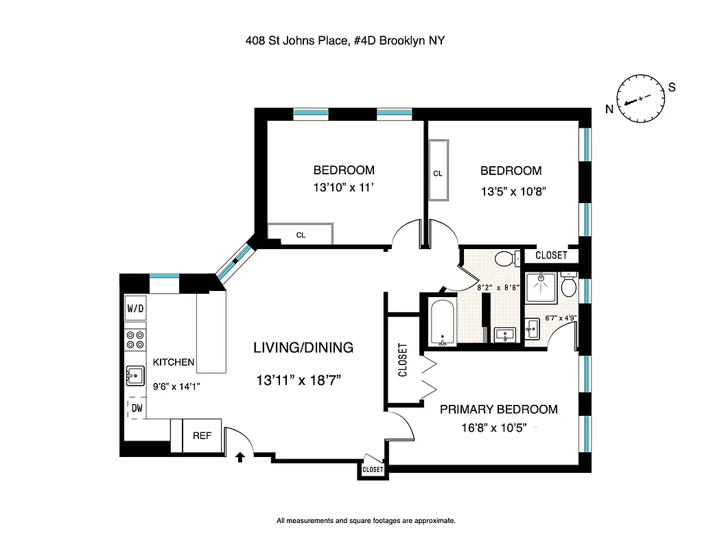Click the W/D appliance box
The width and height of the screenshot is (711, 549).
point(135,309)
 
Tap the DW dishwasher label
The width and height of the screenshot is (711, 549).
point(137,408)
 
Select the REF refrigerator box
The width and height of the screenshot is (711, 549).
point(202,435)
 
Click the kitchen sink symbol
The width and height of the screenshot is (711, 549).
point(135,375)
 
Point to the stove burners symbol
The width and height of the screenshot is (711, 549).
point(135,340)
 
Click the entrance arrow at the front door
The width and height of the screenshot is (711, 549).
point(240,457)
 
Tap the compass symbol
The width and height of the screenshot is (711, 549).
point(641,99)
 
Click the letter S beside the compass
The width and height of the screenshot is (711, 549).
point(672,87)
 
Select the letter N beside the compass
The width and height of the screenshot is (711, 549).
point(609,109)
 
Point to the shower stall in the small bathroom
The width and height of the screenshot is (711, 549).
point(540,286)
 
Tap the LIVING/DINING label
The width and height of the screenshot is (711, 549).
point(303,348)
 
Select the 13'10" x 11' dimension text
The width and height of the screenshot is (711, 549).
point(344,189)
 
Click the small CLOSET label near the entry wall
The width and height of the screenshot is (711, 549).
point(372,469)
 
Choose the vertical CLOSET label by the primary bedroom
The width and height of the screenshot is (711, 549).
point(402,360)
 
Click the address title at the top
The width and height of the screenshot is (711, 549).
point(345,40)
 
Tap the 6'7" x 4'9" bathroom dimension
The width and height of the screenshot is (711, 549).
point(559,318)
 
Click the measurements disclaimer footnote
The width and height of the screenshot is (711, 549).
point(365,521)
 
